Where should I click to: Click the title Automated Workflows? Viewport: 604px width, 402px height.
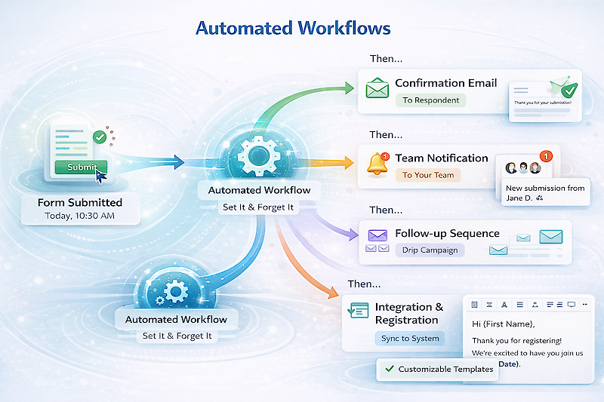[293, 29]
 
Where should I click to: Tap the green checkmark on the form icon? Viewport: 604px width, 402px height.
[99, 137]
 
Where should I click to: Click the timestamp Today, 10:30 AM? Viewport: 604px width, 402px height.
[79, 216]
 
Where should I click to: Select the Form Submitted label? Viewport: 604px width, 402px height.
[79, 202]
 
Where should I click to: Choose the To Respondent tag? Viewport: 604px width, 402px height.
[430, 100]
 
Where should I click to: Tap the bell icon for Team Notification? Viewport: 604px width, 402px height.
[376, 164]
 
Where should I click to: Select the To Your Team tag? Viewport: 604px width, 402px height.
[428, 175]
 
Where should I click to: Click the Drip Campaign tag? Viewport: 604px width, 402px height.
[430, 250]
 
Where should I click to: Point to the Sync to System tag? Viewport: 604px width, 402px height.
[410, 338]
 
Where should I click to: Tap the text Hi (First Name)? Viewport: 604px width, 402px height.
[503, 324]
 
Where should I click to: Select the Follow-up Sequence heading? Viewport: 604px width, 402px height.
[447, 233]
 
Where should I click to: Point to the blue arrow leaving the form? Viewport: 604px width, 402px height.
[151, 161]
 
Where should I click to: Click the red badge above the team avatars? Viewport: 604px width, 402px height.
[547, 155]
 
